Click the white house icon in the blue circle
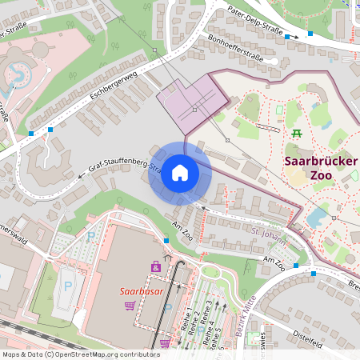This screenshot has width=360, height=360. (x=179, y=173)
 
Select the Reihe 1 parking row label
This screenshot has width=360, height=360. (x=189, y=320)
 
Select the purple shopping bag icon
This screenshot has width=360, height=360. (x=155, y=266)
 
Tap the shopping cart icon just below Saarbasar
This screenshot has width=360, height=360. (x=130, y=306)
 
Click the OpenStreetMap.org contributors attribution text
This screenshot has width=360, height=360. (x=102, y=354)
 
